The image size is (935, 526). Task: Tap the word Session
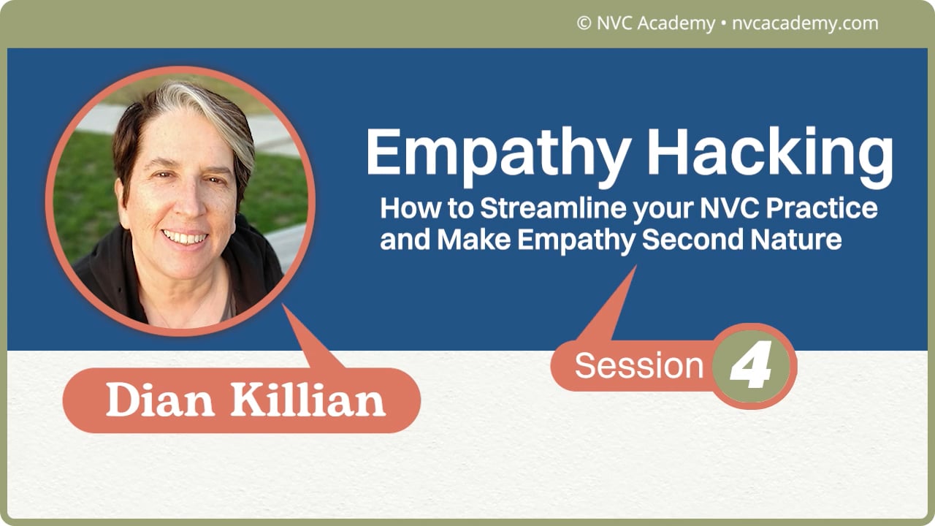638,366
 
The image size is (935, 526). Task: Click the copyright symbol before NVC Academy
584,23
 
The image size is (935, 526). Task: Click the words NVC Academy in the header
655,23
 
